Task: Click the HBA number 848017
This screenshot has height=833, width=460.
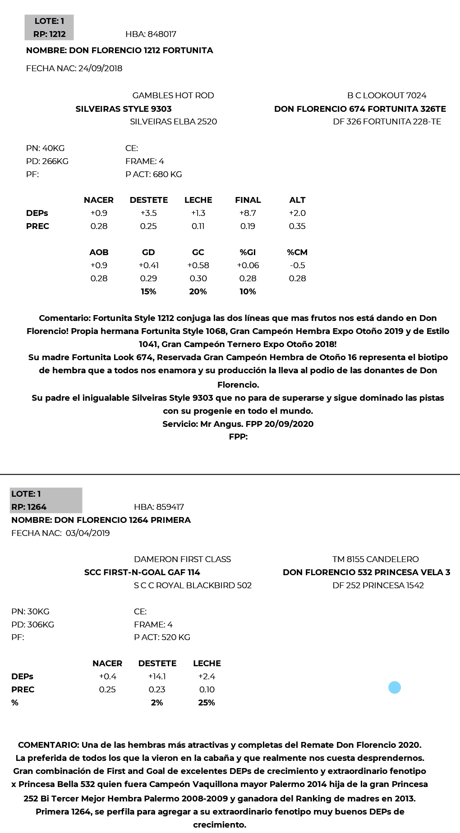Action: point(162,34)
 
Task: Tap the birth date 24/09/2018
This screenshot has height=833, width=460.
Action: point(100,69)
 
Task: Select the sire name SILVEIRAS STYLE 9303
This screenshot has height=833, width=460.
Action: point(124,109)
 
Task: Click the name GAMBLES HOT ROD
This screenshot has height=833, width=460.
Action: point(173,96)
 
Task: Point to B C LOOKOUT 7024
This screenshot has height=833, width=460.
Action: point(386,96)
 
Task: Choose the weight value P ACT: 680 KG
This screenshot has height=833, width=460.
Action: point(154,174)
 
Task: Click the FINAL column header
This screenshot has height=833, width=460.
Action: point(248,200)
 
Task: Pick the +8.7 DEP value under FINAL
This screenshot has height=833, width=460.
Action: point(248,213)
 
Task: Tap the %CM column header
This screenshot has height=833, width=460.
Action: point(297,252)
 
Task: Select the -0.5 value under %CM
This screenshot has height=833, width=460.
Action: point(297,265)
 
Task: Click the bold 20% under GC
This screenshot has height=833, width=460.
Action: point(198,292)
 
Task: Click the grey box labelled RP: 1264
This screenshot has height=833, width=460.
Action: point(46,500)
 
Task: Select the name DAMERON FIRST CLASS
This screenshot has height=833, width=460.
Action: point(182,559)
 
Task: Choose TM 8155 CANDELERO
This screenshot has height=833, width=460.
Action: point(376,559)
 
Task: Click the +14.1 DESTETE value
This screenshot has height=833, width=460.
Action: point(157,677)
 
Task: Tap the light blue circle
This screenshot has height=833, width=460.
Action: point(395,687)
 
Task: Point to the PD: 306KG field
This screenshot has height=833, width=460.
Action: point(32,625)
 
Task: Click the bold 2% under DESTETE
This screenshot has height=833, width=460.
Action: point(157,703)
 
